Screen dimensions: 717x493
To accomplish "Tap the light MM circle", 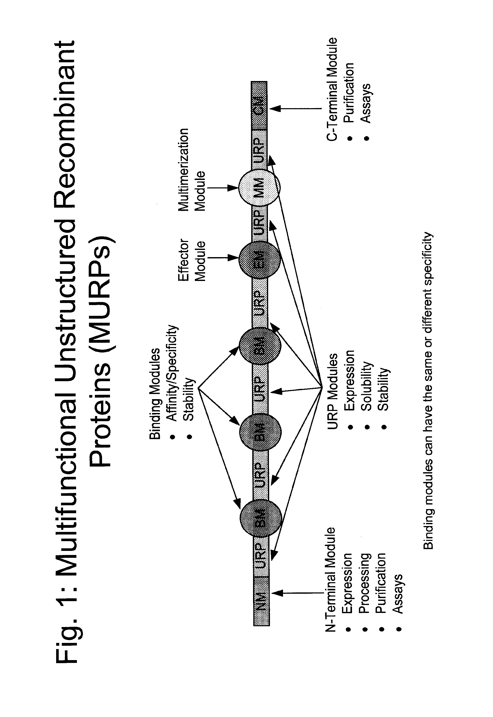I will (259, 187).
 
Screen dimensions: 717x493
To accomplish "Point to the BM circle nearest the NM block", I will (261, 518).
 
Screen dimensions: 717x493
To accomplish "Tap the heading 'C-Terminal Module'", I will (332, 89).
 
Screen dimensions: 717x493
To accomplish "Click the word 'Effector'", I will (184, 259).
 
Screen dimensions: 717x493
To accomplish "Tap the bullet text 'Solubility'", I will (366, 386).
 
